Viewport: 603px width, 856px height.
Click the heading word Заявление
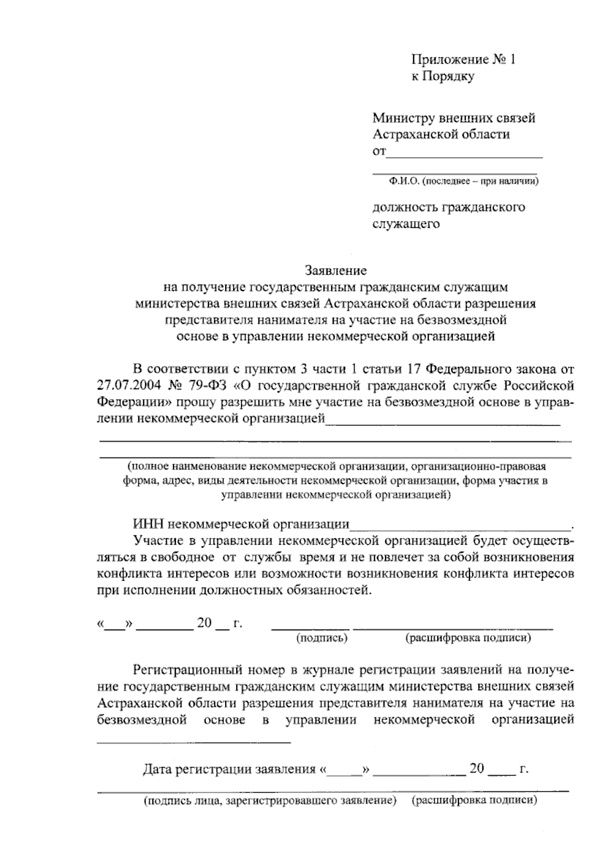pyautogui.click(x=336, y=271)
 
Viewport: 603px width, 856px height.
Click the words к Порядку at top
pyautogui.click(x=442, y=77)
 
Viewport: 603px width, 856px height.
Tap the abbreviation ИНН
pyautogui.click(x=149, y=525)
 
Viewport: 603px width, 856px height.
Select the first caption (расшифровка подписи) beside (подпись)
pyautogui.click(x=468, y=638)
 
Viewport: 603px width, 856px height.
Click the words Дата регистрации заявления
pyautogui.click(x=229, y=769)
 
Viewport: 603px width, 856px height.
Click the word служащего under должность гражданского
pyautogui.click(x=406, y=224)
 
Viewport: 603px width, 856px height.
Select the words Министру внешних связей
pyautogui.click(x=454, y=118)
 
